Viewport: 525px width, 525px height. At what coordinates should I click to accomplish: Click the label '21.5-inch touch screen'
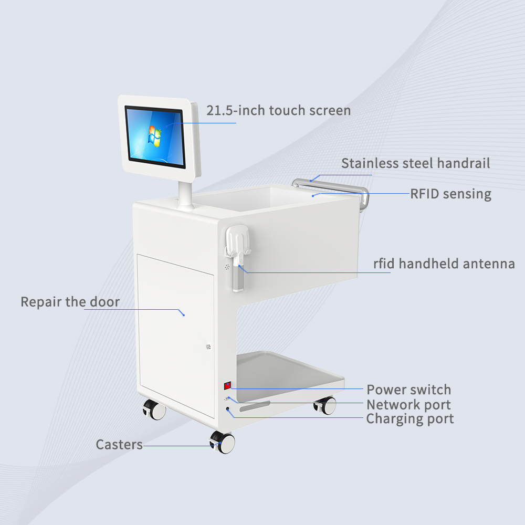click(x=278, y=111)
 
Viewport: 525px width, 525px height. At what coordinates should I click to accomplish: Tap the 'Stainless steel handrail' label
click(x=415, y=163)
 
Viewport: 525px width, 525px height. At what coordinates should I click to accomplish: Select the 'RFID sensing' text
click(x=450, y=194)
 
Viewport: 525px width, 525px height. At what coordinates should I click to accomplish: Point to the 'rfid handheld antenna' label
click(x=444, y=264)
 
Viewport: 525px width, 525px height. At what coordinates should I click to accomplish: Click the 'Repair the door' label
click(x=70, y=302)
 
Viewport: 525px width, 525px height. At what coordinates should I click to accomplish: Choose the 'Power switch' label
click(x=408, y=390)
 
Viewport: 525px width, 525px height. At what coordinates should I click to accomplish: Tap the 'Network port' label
click(x=408, y=405)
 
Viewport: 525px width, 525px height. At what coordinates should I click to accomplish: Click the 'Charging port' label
click(x=409, y=419)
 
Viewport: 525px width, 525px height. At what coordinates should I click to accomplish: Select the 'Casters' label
click(x=119, y=445)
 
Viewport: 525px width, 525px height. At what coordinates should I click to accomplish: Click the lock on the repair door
click(x=208, y=346)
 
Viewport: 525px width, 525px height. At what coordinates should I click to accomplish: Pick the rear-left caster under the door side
click(x=153, y=409)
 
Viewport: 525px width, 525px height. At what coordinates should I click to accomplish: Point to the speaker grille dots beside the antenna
click(x=227, y=267)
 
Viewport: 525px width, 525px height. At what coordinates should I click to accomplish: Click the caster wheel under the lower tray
click(x=326, y=405)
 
